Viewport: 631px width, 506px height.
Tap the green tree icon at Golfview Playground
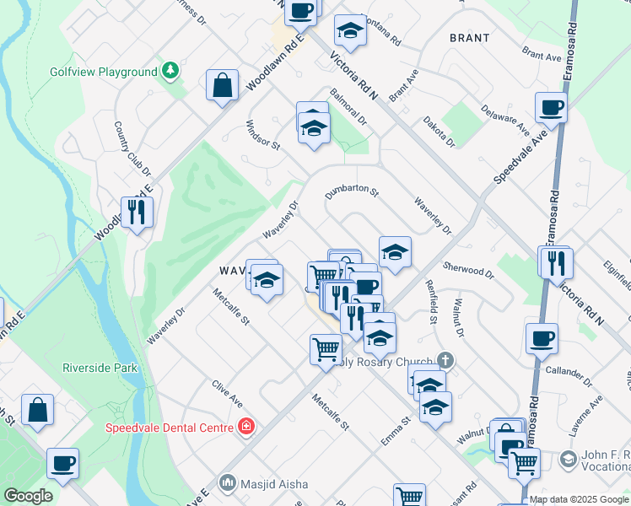pos(170,69)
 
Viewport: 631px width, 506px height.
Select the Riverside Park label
pos(99,368)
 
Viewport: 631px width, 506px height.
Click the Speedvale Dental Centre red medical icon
pos(245,428)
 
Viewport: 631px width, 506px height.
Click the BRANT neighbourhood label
pos(470,38)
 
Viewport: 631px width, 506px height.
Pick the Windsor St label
pos(262,132)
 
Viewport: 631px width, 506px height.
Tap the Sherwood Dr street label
pos(467,267)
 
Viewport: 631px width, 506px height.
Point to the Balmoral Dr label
pos(348,107)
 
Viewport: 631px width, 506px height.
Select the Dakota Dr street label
pos(440,131)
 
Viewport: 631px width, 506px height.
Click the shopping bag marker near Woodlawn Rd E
pos(222,84)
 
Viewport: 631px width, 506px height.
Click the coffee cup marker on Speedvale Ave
pos(550,107)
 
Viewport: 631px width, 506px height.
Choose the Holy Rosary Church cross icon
pos(445,360)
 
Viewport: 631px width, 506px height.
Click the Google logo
pos(28,496)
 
